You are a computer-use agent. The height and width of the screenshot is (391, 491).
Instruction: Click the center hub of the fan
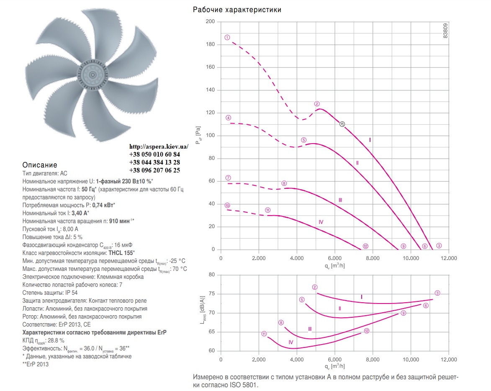[x=93, y=75]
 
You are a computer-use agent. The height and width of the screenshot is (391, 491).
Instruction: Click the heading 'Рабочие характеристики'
[x=237, y=10]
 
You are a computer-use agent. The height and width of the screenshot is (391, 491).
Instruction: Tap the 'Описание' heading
[x=40, y=165]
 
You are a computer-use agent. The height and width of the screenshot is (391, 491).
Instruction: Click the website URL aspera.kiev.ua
[x=159, y=147]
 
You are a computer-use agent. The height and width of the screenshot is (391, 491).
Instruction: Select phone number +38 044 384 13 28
[x=155, y=162]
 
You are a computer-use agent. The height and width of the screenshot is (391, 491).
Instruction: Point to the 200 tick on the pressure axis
[x=210, y=22]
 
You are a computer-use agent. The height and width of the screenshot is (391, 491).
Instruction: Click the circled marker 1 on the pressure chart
[x=227, y=38]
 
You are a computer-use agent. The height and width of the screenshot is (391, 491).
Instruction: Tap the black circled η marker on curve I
[x=342, y=124]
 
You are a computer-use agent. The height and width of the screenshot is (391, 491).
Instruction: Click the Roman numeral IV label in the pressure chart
[x=321, y=222]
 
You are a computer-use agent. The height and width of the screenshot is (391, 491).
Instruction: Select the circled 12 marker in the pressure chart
[x=365, y=246]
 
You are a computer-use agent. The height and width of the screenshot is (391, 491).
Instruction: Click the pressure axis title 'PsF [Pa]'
[x=198, y=135]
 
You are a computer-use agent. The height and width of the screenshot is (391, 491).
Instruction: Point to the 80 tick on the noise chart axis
[x=212, y=275]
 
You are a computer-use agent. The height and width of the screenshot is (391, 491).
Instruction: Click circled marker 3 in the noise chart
[x=437, y=293]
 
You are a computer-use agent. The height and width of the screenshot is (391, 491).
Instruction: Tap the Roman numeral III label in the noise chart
[x=310, y=329]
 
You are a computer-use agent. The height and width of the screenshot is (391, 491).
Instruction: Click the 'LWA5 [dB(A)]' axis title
[x=203, y=310]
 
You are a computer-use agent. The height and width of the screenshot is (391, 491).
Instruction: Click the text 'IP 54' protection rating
[x=72, y=293]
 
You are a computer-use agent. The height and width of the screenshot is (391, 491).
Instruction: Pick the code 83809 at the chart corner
[x=445, y=31]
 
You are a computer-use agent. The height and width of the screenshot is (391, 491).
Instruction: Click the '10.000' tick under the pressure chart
[x=411, y=258]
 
